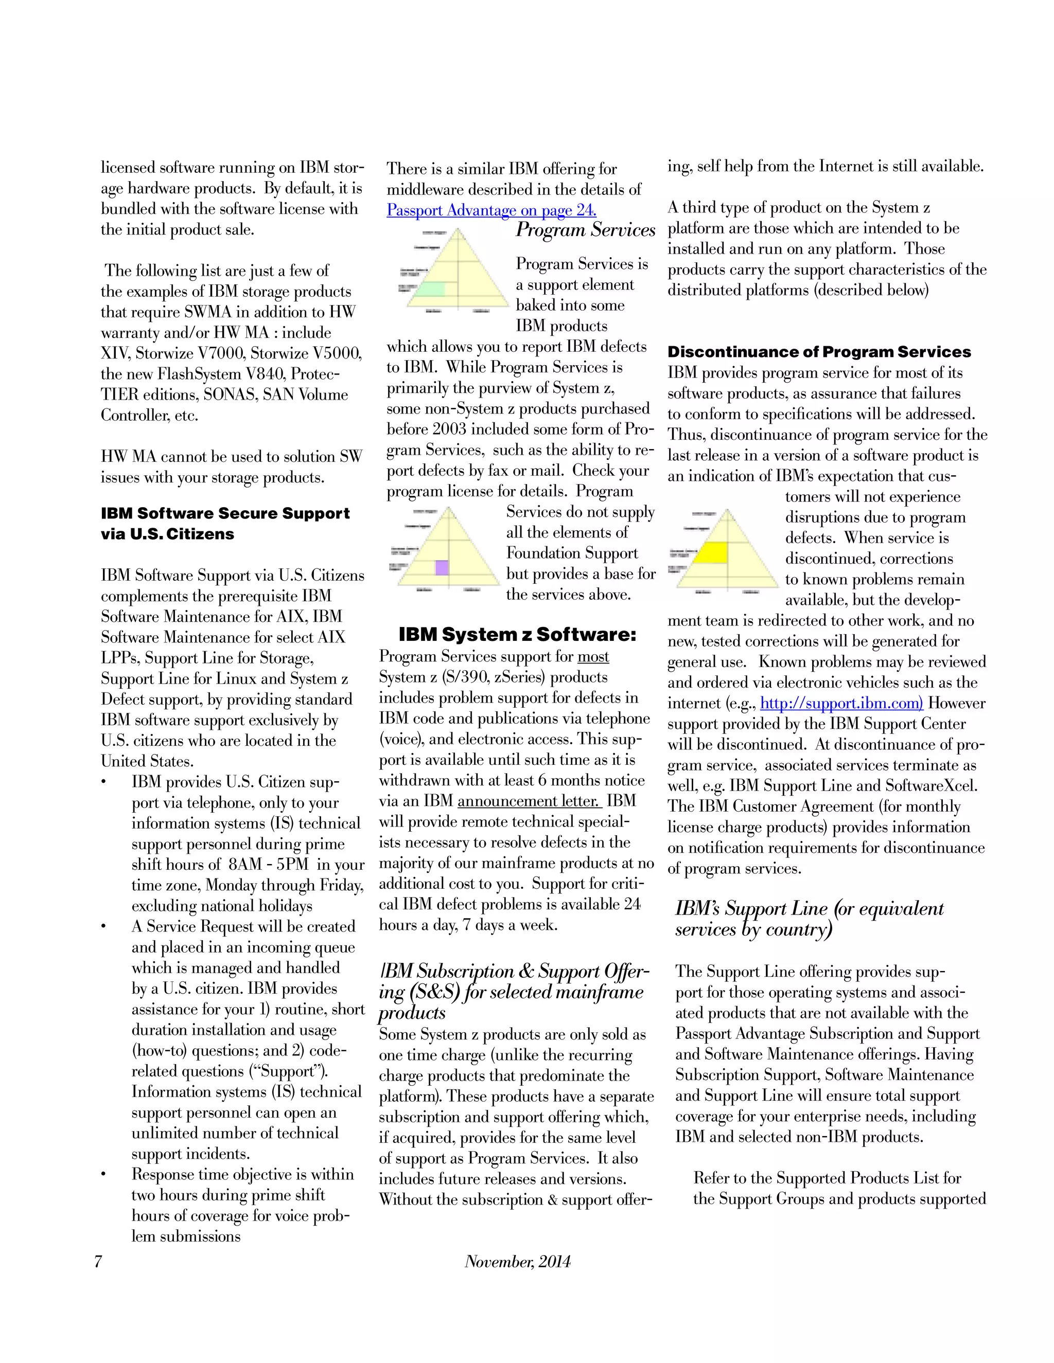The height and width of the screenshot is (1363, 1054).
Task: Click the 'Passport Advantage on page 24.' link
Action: point(491,210)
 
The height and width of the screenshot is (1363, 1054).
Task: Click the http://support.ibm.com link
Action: point(840,703)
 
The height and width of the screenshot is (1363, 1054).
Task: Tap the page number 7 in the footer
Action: point(98,1261)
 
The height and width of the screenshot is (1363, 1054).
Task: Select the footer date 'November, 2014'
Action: point(517,1261)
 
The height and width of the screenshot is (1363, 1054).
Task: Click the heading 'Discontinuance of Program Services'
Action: point(819,352)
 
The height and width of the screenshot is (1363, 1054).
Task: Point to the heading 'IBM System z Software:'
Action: point(517,635)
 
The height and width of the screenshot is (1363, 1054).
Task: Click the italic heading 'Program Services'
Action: point(585,230)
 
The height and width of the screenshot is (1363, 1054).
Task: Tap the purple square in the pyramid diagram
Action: point(442,567)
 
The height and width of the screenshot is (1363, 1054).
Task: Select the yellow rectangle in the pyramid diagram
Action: point(711,552)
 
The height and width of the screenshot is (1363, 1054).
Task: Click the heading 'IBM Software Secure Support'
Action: point(225,514)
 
